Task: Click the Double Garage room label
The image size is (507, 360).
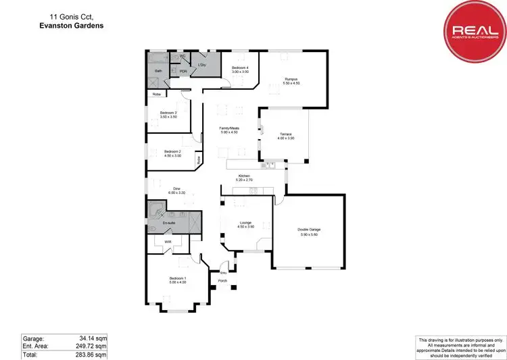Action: click(309, 230)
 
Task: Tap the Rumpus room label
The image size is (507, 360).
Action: click(291, 79)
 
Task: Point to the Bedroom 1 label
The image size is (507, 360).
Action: click(178, 278)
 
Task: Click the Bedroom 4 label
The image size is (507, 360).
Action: click(240, 68)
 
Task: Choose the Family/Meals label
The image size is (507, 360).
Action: click(229, 128)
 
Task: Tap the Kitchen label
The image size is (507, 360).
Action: click(243, 177)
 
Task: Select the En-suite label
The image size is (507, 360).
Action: click(169, 222)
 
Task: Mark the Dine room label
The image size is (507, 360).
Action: click(176, 189)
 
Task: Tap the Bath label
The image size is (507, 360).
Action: click(158, 70)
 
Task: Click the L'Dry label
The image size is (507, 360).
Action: click(201, 65)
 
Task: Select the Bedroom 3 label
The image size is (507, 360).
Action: click(168, 113)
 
